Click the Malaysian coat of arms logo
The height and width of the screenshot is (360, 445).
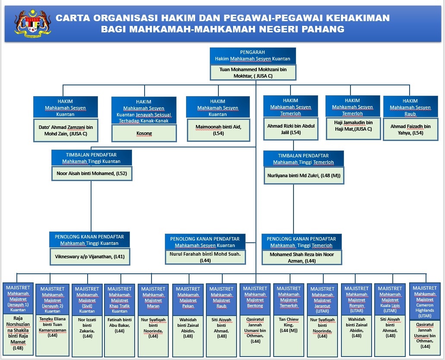point(33,24)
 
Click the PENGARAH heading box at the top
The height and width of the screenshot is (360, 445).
point(252,56)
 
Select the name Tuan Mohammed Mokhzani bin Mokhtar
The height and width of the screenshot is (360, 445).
point(253,72)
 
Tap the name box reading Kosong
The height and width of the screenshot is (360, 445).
point(144,133)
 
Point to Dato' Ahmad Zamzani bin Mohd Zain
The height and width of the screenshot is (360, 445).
point(66,130)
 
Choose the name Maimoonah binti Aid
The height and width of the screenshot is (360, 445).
point(218,130)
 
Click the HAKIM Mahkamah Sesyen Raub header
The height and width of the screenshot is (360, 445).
point(410,107)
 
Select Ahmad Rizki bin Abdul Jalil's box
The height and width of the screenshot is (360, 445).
point(291,129)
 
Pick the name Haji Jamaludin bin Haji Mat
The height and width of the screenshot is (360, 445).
point(353,125)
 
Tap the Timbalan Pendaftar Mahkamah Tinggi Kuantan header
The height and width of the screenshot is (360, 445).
point(92,158)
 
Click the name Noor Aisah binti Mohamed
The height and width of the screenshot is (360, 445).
point(92,173)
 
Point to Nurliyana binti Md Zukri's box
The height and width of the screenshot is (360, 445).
point(304,175)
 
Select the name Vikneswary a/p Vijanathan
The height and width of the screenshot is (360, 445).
point(90,257)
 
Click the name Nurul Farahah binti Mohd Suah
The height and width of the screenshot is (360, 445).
point(205,257)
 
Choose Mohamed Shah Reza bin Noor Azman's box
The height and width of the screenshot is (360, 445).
point(302,257)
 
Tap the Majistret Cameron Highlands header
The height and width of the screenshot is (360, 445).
point(425,302)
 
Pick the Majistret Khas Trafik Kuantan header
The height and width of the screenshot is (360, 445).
point(120,300)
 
